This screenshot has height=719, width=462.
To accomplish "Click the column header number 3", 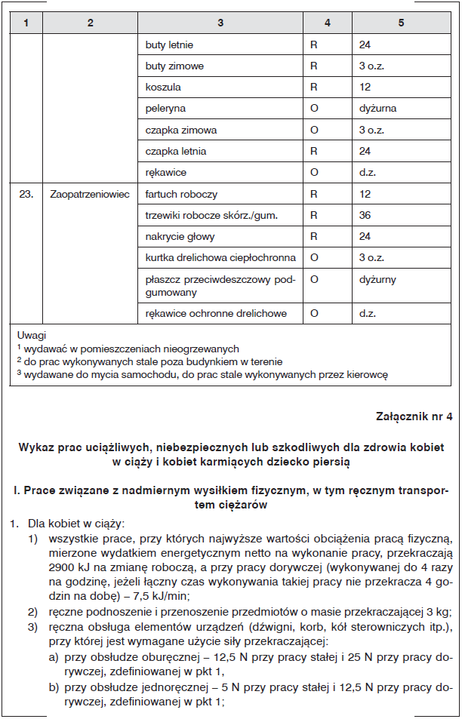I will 220,23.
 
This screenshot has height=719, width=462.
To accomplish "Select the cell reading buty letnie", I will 169,45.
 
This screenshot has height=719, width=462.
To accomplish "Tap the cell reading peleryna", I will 165,109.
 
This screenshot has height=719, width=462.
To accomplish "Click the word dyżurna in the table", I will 377,109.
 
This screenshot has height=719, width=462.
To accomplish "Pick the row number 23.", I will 26,194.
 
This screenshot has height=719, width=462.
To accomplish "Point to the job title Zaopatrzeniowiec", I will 90,194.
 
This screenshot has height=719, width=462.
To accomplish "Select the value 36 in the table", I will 365,216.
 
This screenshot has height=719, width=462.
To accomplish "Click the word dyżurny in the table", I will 377,279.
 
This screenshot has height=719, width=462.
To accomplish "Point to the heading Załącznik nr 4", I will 414,416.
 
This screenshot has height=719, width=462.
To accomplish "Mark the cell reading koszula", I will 163,88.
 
